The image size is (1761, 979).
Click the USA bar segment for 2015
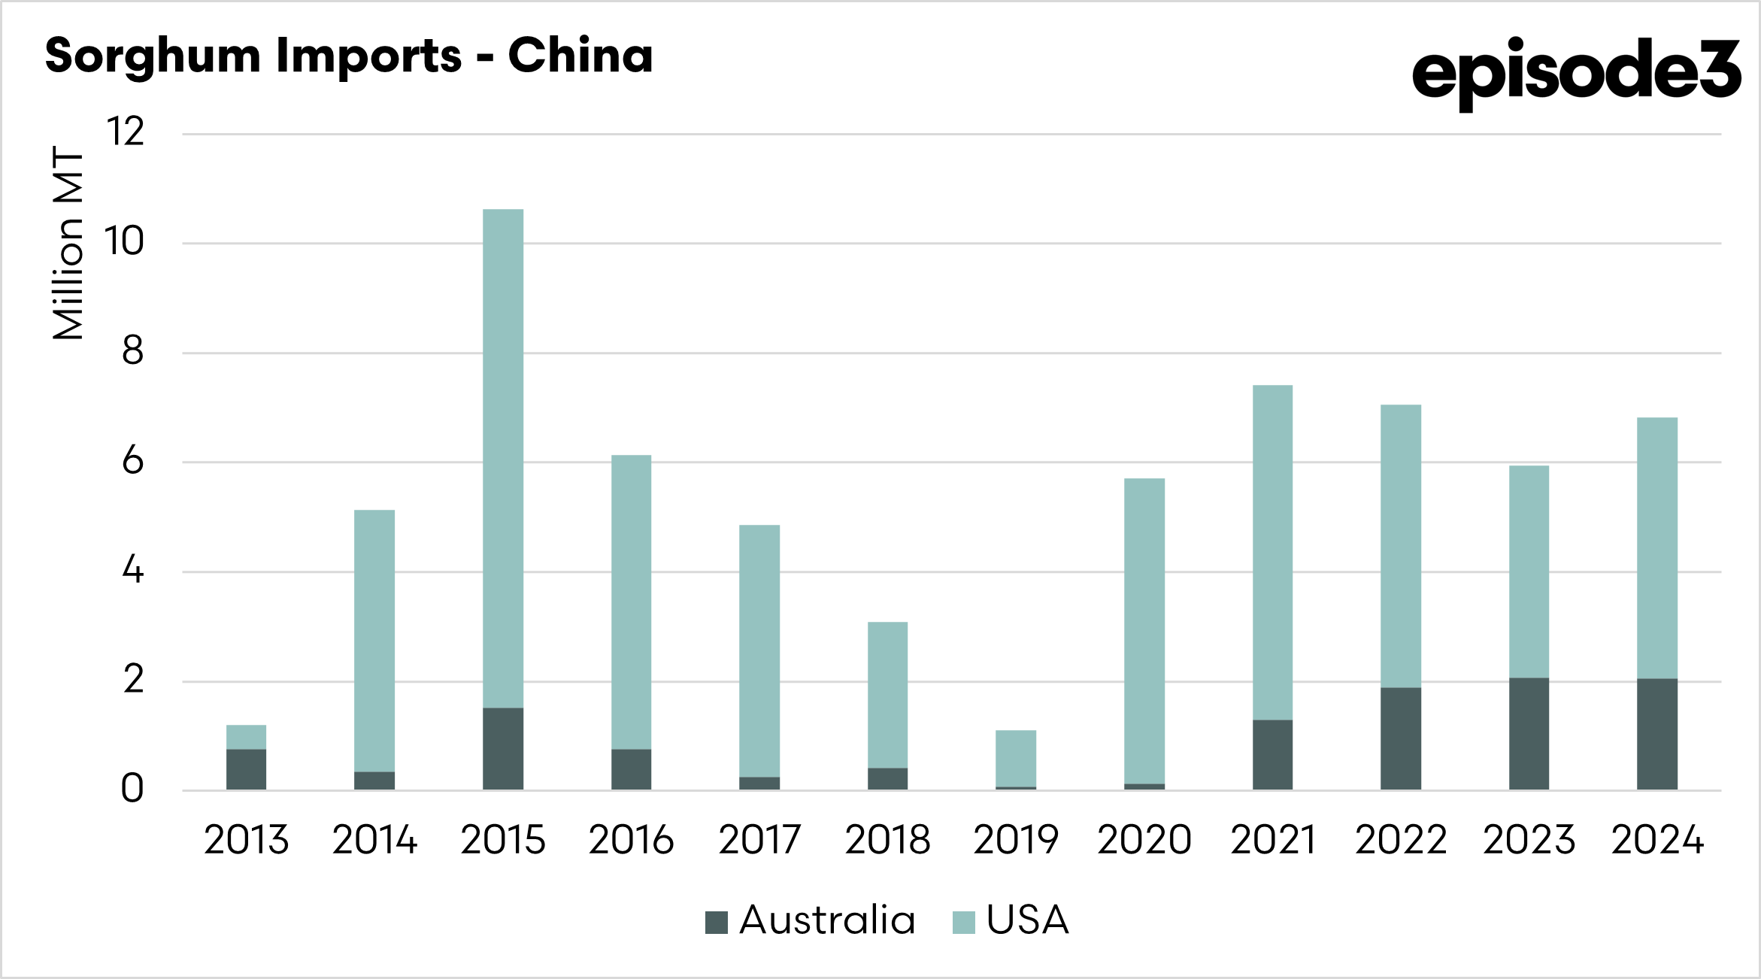pos(503,458)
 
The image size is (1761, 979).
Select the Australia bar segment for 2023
pos(1529,733)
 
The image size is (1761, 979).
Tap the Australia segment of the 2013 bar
pos(246,768)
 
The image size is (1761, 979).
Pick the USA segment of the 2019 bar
pos(1016,758)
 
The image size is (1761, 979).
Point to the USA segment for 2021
pos(1272,553)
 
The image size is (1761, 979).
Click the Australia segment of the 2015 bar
pos(503,748)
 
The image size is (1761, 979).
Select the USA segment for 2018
pos(887,695)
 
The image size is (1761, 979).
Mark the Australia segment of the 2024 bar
pos(1657,734)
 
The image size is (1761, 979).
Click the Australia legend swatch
pos(716,922)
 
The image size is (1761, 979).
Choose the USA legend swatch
pos(963,922)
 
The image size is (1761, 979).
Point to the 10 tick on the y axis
pos(124,242)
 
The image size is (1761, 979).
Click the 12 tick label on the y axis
pos(125,132)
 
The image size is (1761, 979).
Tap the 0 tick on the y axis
pos(132,790)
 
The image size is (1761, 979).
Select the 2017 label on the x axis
pos(759,840)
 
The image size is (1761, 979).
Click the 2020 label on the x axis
pos(1144,840)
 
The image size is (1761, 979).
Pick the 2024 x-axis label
pos(1657,840)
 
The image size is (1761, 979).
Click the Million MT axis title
pos(68,243)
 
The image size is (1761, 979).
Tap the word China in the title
pos(580,56)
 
